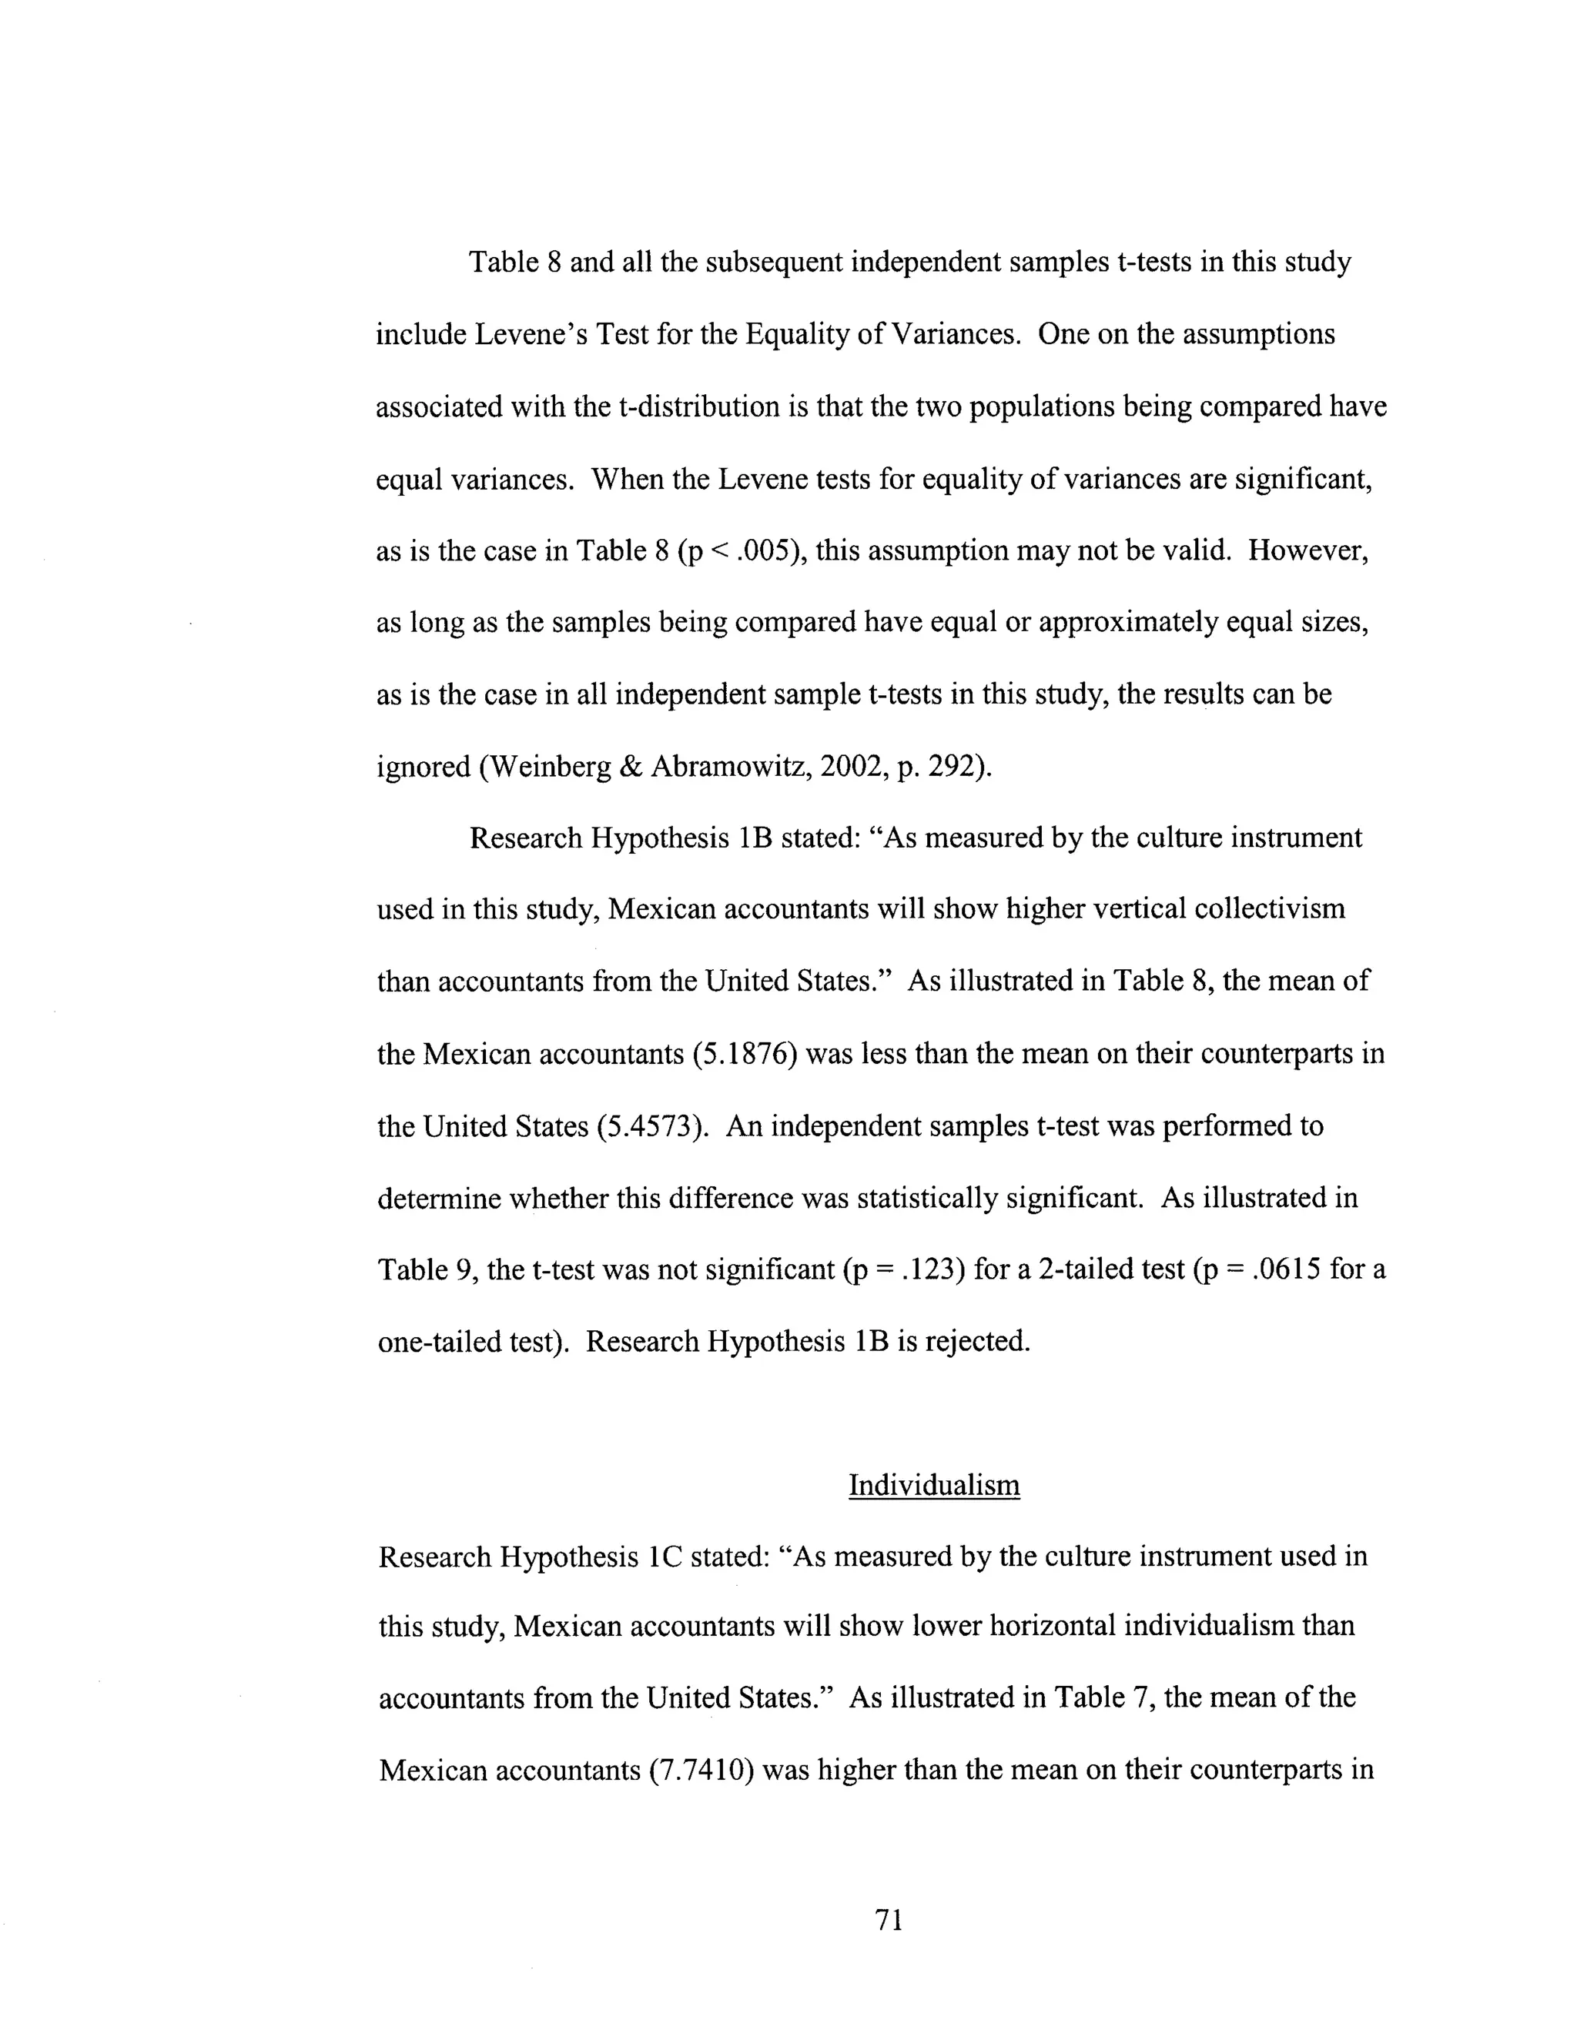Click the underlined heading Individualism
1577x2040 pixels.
point(933,1484)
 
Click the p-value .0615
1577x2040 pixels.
point(1283,1269)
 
